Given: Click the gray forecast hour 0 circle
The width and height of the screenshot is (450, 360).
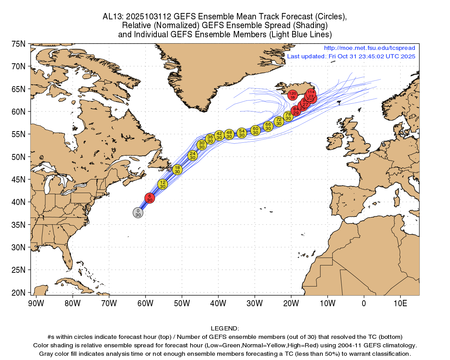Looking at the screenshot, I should (138, 213).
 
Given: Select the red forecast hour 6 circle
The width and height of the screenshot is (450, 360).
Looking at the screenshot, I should (150, 198).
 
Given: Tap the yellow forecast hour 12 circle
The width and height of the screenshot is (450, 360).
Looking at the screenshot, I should (162, 184).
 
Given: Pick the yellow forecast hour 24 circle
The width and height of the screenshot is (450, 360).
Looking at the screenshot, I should (192, 155).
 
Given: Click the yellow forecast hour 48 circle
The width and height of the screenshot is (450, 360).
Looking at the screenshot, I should (229, 134).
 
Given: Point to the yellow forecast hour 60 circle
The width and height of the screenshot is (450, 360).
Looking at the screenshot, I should (256, 131).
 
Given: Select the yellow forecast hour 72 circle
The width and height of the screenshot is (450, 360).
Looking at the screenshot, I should (279, 122).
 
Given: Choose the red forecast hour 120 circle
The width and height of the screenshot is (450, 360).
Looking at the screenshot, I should (292, 95).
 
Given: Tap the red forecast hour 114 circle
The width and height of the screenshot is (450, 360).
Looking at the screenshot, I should (310, 94).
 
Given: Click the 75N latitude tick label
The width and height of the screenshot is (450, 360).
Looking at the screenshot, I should (18, 44).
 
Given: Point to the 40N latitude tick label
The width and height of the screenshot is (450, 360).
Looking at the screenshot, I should (18, 202).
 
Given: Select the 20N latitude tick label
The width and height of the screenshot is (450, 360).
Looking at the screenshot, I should (18, 292).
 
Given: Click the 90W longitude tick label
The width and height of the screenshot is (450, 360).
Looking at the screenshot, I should (36, 303).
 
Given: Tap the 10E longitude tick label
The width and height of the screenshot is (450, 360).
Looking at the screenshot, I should (400, 303).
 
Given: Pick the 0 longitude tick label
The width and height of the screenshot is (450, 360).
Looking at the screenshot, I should (364, 303).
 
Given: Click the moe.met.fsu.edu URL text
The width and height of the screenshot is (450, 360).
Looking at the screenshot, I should (369, 48).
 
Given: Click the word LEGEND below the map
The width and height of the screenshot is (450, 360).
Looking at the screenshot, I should (225, 329).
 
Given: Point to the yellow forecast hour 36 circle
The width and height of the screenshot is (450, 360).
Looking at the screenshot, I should (210, 139).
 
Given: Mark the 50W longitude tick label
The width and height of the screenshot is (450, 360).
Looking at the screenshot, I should (182, 303).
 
